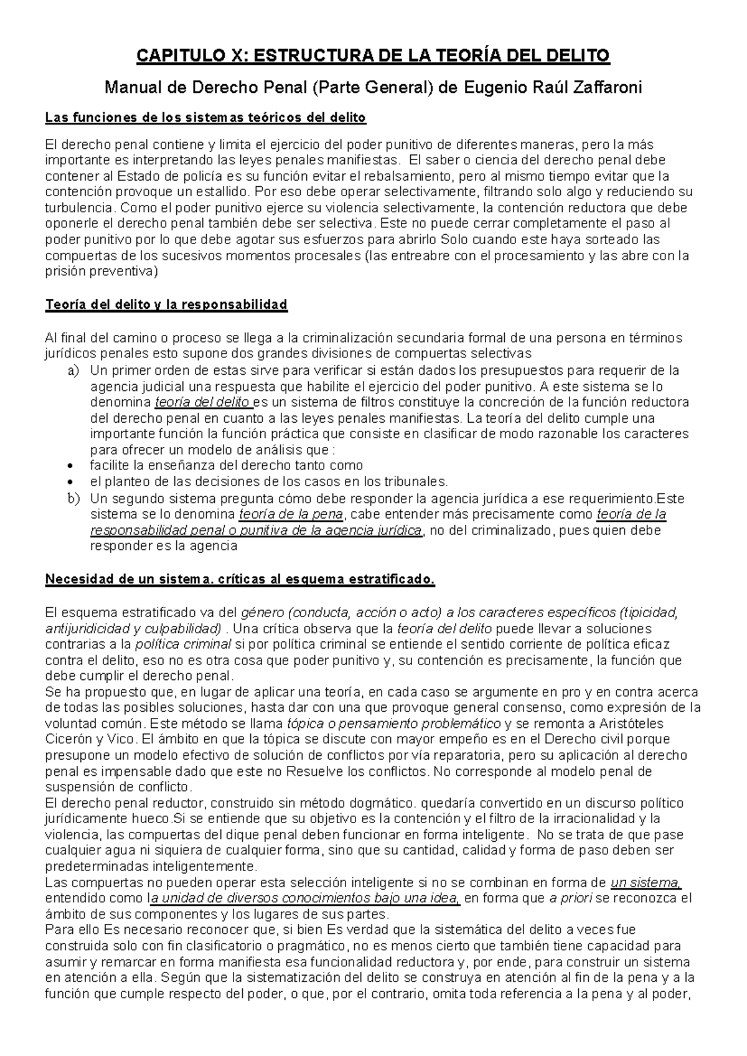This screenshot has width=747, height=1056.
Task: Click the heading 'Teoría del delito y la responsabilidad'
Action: tap(166, 304)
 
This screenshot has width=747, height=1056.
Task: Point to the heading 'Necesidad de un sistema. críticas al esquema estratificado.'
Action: tap(240, 580)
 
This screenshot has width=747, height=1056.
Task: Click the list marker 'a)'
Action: tap(73, 370)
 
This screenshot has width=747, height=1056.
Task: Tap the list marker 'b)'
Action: tap(73, 498)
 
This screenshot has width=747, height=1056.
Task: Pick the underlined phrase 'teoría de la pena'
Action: tap(291, 514)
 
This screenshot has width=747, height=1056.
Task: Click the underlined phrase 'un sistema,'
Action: tap(646, 882)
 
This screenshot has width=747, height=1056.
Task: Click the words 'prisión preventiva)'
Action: tap(102, 271)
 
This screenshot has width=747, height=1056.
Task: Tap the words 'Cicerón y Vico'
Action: tap(89, 740)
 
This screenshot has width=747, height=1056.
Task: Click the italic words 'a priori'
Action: tap(570, 898)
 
